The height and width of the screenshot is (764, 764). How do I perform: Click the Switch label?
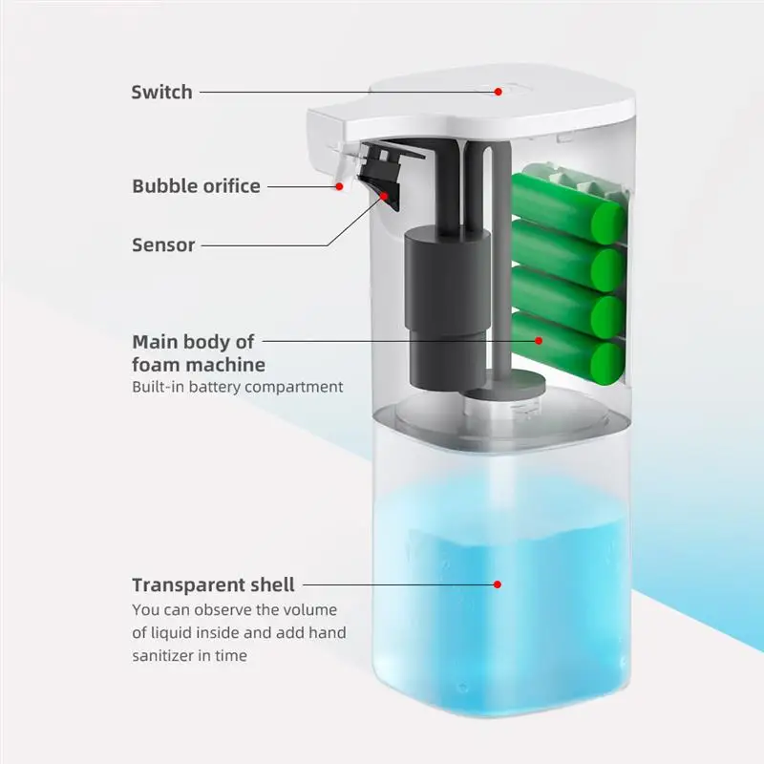click(x=161, y=93)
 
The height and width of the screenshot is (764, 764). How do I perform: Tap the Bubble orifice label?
click(x=196, y=185)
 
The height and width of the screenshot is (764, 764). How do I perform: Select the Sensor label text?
click(x=163, y=244)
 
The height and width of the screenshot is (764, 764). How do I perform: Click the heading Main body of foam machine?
click(x=199, y=353)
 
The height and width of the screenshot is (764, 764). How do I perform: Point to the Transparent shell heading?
click(x=213, y=584)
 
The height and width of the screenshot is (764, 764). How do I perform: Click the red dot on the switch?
click(x=498, y=92)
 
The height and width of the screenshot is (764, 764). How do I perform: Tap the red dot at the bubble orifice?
click(x=337, y=186)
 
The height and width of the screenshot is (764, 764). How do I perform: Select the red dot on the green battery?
click(x=539, y=339)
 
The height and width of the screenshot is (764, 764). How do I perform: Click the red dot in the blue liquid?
click(x=497, y=583)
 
